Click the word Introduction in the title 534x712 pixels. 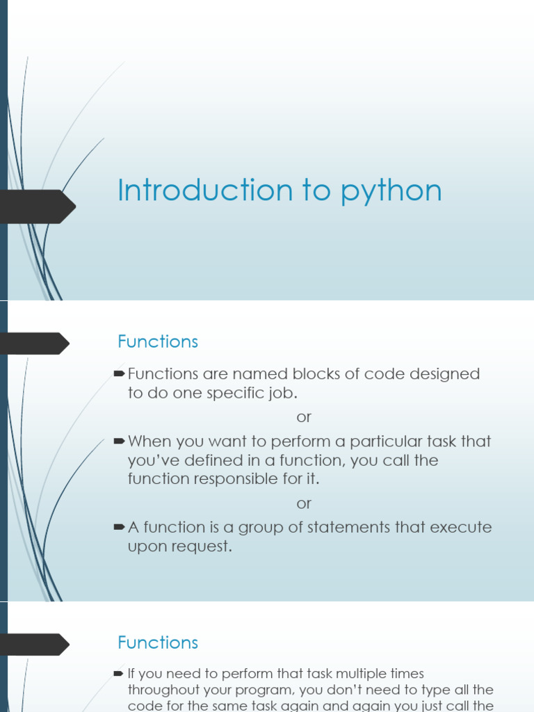coord(205,190)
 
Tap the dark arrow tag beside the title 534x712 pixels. coord(38,207)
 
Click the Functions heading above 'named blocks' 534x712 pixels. coord(158,341)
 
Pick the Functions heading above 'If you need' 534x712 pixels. coord(158,642)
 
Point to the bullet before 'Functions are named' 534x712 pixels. coord(120,373)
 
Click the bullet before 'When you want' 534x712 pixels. coord(120,441)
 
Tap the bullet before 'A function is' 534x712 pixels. coord(120,527)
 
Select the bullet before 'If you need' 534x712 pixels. coord(118,673)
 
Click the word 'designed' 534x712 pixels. coord(444,374)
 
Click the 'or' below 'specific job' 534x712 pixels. coord(304,417)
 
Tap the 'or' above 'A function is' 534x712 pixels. coord(304,503)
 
